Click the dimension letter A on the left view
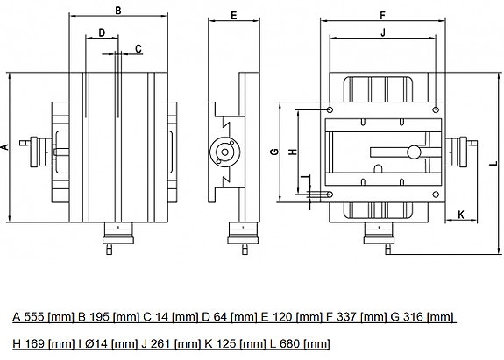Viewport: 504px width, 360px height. coord(5,147)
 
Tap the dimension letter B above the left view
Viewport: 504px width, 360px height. coord(118,11)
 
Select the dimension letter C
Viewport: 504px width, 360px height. coord(138,49)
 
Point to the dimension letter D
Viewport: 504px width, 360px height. coord(102,32)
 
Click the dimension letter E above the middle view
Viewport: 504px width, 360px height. coord(234,16)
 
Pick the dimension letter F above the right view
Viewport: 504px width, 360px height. coord(382,16)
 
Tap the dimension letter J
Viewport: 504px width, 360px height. coord(383,32)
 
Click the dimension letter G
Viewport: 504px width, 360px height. coord(275,152)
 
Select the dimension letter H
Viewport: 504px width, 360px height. coord(293,152)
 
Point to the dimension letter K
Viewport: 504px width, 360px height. coord(461,215)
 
